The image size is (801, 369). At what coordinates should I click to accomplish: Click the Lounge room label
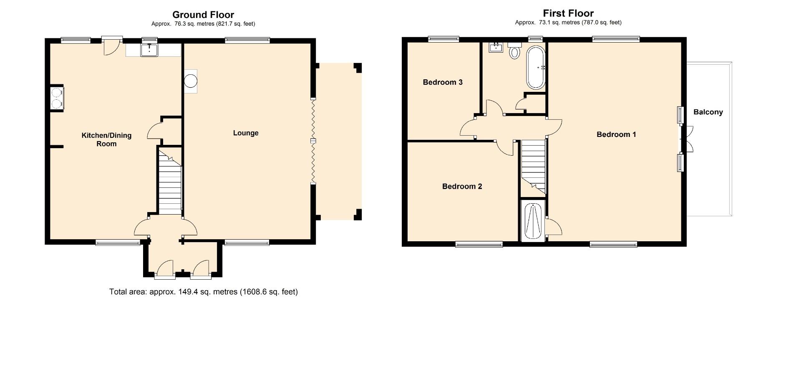tap(245, 133)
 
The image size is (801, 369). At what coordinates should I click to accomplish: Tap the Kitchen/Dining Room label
tap(106, 139)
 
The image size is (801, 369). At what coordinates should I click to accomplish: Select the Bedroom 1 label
tap(616, 134)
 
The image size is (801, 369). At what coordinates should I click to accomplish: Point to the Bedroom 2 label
tap(462, 187)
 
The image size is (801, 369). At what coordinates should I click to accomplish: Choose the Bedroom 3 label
tap(443, 82)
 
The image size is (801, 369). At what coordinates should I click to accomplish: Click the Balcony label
tap(708, 112)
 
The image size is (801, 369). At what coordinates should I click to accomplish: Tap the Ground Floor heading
tap(203, 15)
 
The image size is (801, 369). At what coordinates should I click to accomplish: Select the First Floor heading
tap(568, 13)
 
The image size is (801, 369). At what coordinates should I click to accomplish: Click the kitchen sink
tap(149, 50)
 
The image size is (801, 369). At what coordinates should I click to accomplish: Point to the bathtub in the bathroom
tap(536, 67)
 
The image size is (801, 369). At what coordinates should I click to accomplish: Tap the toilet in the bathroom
tap(515, 51)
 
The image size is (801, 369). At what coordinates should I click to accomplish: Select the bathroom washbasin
tap(497, 47)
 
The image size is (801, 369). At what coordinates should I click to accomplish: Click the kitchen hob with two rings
tap(57, 98)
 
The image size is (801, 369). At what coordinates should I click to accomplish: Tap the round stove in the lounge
tap(191, 81)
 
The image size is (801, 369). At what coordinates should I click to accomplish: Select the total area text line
tap(204, 292)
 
